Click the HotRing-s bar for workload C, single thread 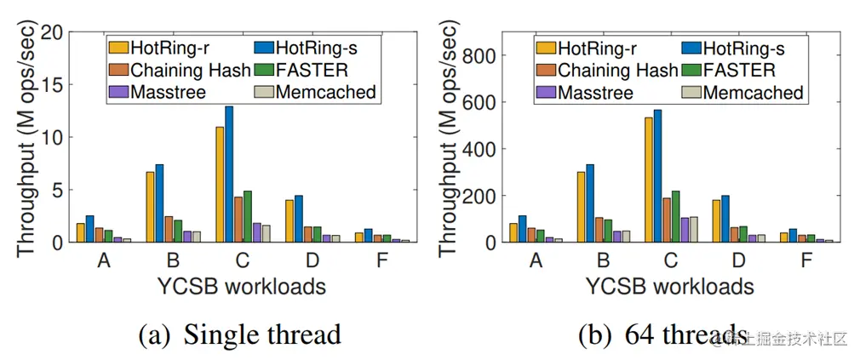228,174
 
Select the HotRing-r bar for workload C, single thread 220,185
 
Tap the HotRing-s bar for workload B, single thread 159,203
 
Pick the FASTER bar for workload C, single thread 247,217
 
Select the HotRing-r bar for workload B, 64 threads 580,207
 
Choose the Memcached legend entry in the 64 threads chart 746,92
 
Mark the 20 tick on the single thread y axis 53,32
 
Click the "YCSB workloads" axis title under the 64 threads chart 670,285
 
